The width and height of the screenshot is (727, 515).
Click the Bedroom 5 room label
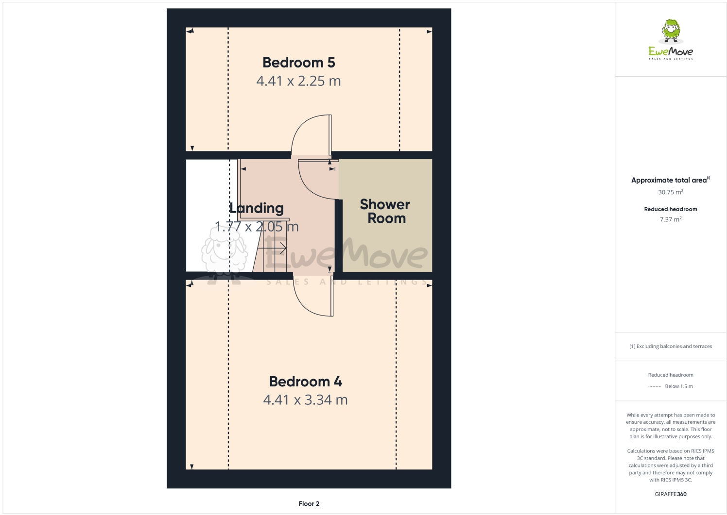[x=298, y=63]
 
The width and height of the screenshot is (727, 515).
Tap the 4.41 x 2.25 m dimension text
[x=298, y=81]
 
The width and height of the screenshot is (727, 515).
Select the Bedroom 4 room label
[x=305, y=382]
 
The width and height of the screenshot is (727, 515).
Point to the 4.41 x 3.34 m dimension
[x=305, y=400]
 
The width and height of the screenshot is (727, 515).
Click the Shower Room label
[x=385, y=211]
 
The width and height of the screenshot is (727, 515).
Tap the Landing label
[x=257, y=208]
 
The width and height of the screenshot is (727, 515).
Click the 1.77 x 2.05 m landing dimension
[x=257, y=227]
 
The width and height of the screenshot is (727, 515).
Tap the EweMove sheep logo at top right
[x=671, y=31]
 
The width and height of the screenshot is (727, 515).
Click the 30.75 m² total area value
[x=671, y=192]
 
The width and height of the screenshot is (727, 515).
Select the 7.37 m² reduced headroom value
[x=671, y=219]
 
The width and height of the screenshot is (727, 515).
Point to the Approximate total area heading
[x=669, y=180]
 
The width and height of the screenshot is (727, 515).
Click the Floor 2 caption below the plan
[x=309, y=504]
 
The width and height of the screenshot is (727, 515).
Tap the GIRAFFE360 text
[x=671, y=494]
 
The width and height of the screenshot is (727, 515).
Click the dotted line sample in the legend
[x=655, y=386]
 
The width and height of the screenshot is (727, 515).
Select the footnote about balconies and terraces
[x=671, y=347]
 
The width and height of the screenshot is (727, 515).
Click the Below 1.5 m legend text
[x=679, y=386]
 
